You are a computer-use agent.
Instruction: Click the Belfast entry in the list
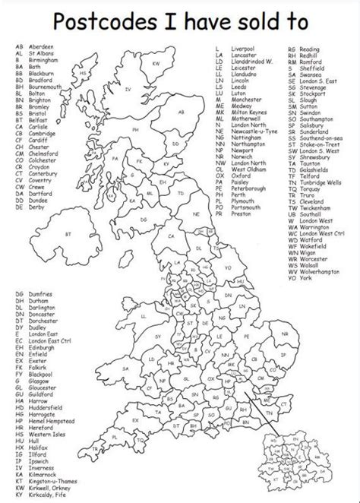tap(33, 120)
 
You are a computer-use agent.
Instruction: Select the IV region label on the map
tap(128, 90)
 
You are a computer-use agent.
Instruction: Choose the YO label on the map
tap(227, 268)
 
